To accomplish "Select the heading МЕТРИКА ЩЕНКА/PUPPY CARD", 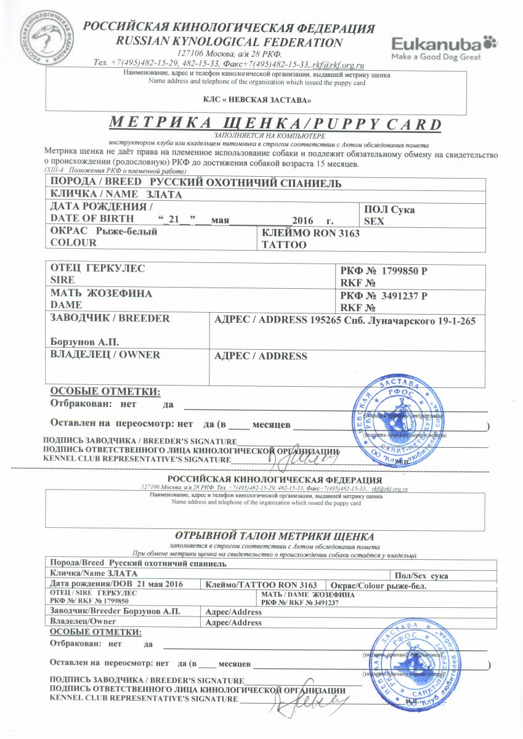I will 275,124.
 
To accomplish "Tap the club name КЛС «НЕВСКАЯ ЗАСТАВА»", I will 257,99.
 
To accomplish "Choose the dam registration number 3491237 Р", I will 405,296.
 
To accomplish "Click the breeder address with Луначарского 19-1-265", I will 392,320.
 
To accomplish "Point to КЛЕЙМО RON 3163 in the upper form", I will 310,233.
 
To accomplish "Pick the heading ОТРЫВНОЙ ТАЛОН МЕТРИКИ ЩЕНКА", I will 275,536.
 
